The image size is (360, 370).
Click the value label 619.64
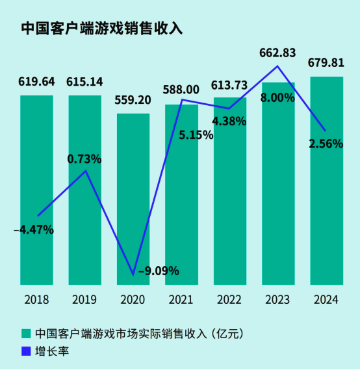[x=37, y=82]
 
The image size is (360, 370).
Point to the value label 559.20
[x=133, y=101]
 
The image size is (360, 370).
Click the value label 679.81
[x=326, y=64]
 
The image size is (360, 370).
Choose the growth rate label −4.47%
[x=34, y=229]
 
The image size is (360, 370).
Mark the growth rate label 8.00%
[x=277, y=97]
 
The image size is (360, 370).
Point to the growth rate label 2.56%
[x=326, y=144]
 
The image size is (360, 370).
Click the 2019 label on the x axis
[x=85, y=299]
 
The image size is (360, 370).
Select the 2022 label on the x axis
[x=230, y=299]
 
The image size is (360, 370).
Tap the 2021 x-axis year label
[x=181, y=299]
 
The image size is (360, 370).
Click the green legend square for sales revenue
[x=26, y=334]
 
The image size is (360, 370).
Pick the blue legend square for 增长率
[x=26, y=351]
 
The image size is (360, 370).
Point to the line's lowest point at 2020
[x=134, y=275]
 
